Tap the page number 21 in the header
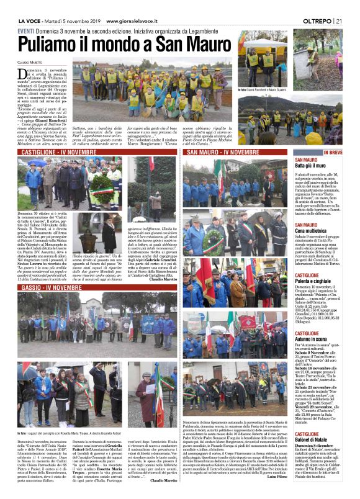[339, 21]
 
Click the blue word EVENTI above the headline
[26, 31]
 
